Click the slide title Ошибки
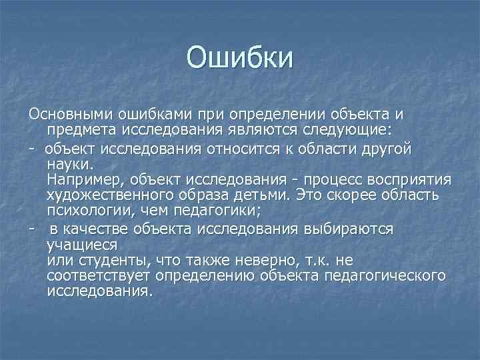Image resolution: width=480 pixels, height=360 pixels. click(239, 57)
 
